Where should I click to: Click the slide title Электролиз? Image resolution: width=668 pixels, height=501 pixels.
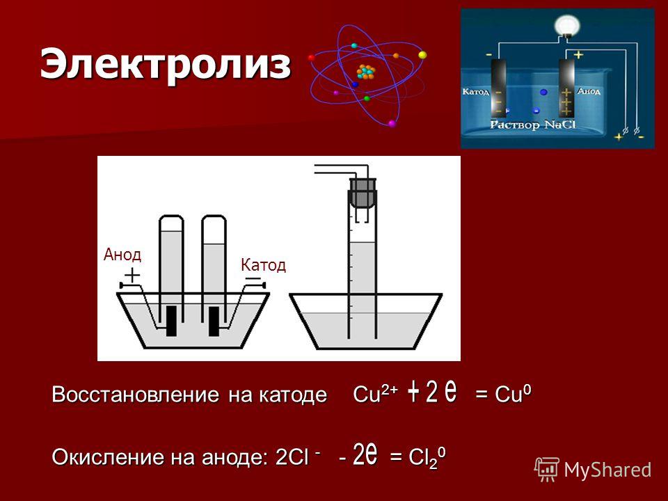166,64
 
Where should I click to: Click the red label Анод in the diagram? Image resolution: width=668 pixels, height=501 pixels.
122,255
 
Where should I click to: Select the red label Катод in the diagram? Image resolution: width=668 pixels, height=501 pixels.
263,265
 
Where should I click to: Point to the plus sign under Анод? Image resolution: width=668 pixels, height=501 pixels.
132,275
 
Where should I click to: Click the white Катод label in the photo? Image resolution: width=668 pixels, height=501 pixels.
476,92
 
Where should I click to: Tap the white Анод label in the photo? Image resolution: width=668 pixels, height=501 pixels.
589,91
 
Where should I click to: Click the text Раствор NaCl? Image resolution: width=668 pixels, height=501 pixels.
532,125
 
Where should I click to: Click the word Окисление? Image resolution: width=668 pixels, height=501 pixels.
108,457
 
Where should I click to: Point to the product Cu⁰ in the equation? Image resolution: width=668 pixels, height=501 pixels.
513,394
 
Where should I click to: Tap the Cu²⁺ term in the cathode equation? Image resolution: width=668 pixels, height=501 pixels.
375,394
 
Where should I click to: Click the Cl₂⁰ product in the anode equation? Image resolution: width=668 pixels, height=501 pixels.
427,458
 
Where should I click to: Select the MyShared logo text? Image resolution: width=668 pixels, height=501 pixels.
607,470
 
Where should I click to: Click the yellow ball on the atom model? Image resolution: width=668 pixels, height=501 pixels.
422,55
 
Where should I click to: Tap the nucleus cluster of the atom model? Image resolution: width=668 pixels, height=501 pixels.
366,72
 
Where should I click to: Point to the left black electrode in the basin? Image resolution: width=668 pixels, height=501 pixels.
171,321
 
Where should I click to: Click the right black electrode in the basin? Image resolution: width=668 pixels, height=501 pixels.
214,321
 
